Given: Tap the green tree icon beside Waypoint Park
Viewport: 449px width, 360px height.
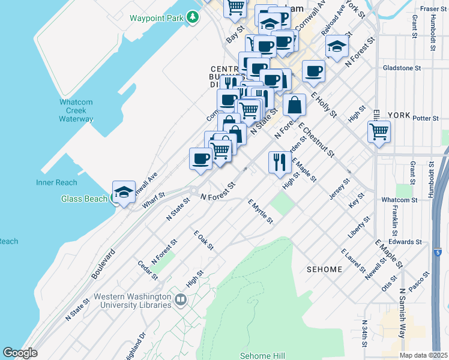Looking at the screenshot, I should point(192,17).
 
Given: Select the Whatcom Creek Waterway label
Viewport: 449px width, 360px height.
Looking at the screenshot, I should point(76,110).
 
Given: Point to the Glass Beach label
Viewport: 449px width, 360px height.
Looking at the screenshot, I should point(85,199).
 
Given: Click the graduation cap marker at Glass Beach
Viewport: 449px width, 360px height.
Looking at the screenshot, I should point(124,192).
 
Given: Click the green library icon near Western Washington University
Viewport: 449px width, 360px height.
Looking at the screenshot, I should point(180,299).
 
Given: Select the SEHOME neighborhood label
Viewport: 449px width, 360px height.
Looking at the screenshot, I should point(324,269).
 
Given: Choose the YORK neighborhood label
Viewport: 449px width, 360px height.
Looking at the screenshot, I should point(398,115).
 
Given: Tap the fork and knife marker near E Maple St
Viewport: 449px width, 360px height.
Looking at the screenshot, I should point(280,162).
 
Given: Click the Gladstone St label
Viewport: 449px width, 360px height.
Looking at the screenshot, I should point(402,68).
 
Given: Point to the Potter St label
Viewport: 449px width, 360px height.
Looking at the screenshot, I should point(427,118).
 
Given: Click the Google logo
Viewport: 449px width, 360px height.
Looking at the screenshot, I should point(20,353).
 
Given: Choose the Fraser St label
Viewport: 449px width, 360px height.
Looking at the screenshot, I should point(432,8).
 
